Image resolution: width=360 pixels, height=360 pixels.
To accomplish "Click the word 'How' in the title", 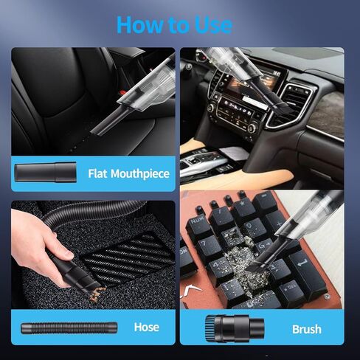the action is tap(139, 24).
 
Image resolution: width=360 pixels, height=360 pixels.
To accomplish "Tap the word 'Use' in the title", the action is tap(213, 24).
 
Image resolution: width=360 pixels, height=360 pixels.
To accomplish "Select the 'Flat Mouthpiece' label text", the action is tap(129, 174).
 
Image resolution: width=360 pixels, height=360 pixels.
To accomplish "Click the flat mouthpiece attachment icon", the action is tap(45, 172).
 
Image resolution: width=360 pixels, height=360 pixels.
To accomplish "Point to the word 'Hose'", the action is tap(147, 327).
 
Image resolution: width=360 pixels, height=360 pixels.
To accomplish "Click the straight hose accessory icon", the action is tap(69, 328).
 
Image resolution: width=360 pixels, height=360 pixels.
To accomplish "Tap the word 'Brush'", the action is tap(307, 329).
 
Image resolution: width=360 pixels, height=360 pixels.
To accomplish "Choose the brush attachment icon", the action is tap(235, 328).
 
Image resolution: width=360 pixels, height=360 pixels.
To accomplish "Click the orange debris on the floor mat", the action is tap(97, 294).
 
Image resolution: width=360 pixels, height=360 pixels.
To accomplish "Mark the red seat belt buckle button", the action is tap(122, 93).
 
